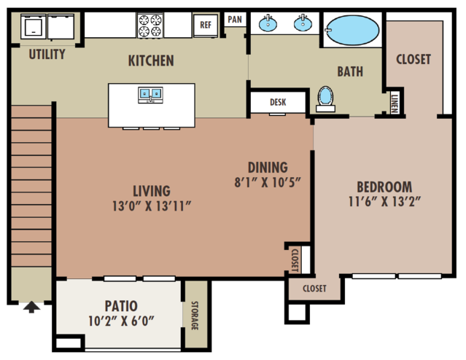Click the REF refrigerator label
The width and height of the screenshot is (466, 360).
206,25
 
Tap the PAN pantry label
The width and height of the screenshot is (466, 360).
235,20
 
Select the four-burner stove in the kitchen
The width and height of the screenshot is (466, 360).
150,26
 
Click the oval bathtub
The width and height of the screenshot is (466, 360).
352,30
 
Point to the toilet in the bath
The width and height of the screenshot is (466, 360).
325,99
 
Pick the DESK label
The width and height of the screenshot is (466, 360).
278,102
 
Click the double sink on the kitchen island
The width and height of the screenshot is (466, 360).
151,95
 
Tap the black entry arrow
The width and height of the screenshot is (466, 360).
31,307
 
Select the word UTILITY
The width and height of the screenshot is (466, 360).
47,55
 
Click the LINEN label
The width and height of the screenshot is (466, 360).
395,103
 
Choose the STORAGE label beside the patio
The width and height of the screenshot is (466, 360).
195,316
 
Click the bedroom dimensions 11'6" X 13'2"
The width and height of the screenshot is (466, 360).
384,202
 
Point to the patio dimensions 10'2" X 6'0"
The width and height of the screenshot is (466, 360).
121,321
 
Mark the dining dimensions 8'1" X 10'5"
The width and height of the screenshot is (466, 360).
268,182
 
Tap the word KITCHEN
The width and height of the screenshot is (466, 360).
151,61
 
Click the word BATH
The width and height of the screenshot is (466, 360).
350,72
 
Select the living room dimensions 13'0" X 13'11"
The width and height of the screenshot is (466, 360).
152,206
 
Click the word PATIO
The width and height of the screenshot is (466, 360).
121,306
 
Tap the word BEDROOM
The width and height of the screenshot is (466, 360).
384,187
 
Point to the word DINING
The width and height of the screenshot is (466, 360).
268,168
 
